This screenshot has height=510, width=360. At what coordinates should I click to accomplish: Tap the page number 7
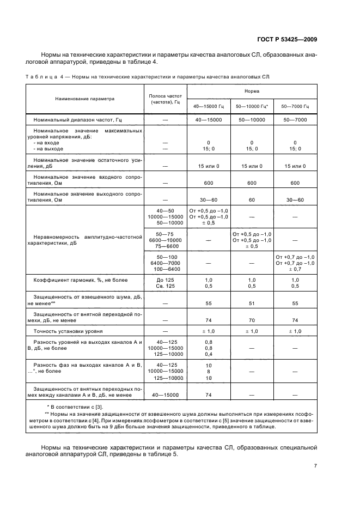(315, 466)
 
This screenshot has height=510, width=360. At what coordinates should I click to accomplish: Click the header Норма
(252, 90)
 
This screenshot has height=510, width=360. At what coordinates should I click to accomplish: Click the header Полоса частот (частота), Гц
(164, 99)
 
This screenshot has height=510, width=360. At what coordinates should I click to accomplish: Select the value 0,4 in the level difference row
(208, 354)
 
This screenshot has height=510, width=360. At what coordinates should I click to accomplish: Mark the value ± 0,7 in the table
(295, 269)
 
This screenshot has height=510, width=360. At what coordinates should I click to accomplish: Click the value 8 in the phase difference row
(208, 371)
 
